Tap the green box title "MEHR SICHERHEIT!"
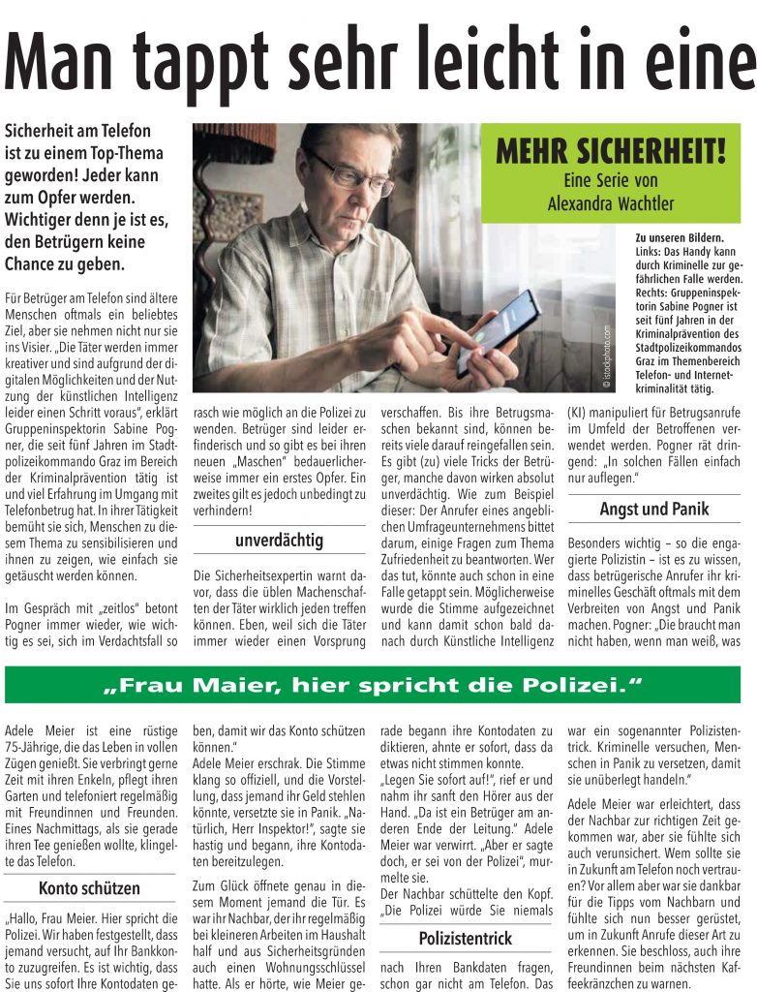[612, 153]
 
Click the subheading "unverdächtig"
[279, 540]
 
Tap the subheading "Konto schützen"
[89, 887]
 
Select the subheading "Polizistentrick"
[466, 938]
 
